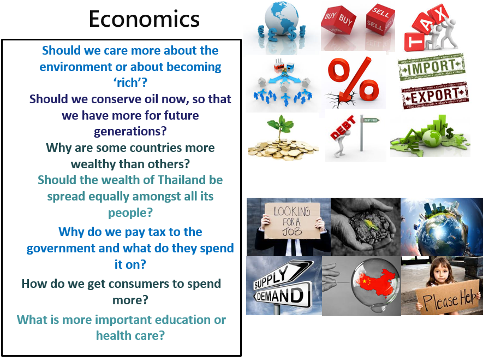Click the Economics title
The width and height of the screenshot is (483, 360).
coord(144,19)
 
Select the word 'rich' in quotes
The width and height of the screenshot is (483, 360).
coord(130,82)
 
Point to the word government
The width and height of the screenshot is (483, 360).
coord(61,249)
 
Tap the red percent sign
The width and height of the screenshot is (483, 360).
coord(354,82)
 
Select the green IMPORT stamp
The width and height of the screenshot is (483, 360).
coord(432,67)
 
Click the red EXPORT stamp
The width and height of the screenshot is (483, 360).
coord(435,95)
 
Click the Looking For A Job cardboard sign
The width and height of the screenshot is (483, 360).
coord(292,221)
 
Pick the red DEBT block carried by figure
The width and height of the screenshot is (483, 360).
coord(343,127)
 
